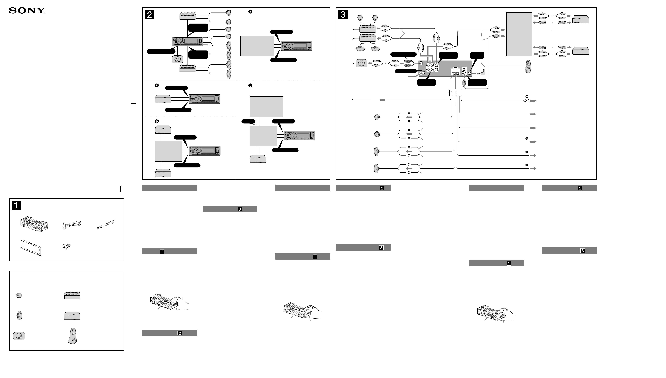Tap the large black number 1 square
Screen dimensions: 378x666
click(16, 205)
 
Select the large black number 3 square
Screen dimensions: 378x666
click(343, 15)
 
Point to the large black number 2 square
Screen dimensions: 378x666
click(149, 15)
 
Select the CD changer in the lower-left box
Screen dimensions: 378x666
click(72, 316)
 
